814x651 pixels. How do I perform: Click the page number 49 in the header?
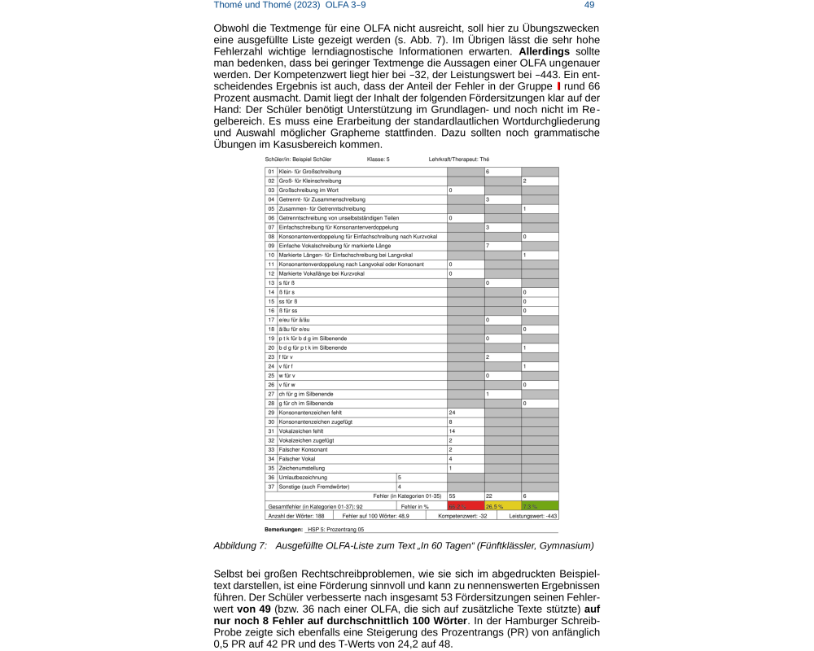click(589, 5)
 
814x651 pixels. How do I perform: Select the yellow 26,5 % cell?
click(495, 506)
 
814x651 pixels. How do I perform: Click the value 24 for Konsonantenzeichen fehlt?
click(453, 413)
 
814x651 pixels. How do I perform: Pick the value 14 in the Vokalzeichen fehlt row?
click(453, 431)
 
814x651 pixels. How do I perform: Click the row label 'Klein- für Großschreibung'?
click(309, 172)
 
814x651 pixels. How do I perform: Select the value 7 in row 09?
click(487, 245)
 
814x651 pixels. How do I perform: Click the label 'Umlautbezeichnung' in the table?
click(303, 477)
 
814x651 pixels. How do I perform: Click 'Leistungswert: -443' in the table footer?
click(533, 516)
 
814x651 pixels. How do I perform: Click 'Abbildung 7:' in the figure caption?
click(240, 545)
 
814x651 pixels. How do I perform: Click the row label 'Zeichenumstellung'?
click(302, 468)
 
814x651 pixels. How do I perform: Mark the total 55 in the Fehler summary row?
click(453, 496)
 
